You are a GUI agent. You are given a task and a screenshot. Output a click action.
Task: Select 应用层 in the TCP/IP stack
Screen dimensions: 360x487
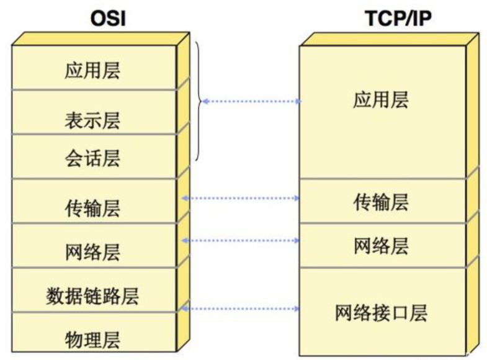point(381,101)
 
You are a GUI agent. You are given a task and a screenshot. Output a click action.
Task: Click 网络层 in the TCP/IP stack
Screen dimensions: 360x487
point(381,246)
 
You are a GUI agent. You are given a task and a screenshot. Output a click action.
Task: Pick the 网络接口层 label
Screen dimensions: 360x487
point(381,312)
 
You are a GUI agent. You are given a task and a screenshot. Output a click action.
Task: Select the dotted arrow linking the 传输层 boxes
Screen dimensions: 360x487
point(241,198)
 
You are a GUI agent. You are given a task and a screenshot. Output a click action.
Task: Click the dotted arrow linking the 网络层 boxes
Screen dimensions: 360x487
point(241,240)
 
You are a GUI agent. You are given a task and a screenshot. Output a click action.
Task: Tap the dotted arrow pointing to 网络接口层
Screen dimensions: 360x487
point(241,308)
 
